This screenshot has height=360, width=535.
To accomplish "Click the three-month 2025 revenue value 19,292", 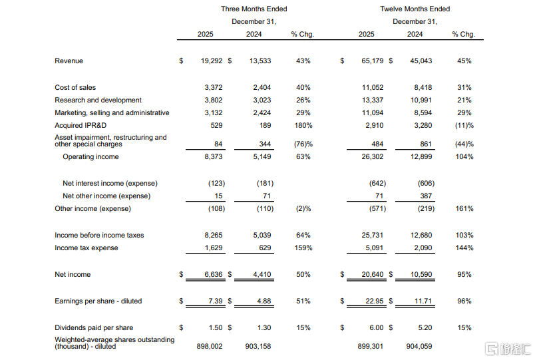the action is pos(212,61).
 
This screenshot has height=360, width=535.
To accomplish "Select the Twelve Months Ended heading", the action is pos(415,9).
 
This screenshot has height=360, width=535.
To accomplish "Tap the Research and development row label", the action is pos(98,100).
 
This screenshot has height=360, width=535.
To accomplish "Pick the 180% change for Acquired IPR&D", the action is pos(303,125).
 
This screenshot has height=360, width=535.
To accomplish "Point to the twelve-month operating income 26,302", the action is pos(373,156).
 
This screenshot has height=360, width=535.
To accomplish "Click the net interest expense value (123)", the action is pos(217,183).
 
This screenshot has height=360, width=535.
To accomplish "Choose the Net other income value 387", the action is pos(426,196).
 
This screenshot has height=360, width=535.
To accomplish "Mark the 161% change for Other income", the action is pos(464,208).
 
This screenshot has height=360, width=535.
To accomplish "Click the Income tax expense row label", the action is pos(87,248).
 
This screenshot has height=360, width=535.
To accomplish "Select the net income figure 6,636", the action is pos(214,274).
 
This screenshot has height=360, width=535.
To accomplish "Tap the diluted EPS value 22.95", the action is pos(375,301).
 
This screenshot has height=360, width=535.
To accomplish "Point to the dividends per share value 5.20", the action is pos(425,327).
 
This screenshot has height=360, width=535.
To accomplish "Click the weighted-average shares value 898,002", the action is pos(210,346).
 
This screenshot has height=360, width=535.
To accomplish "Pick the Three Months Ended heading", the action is pos(254,9).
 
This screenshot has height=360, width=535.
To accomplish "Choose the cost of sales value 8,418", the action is pos(423,87).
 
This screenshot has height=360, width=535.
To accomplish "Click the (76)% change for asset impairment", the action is pos(303,144).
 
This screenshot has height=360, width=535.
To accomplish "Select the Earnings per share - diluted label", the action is pos(98,301).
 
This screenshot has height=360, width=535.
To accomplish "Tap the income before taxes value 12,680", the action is pos(421,235).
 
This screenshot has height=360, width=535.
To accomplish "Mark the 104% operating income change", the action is pos(464,156).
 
